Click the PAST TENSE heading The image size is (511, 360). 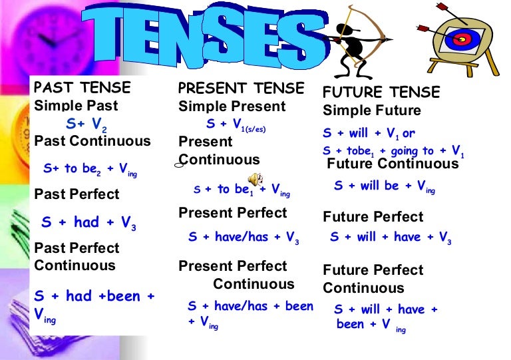83,88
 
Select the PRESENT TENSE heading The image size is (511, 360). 241,89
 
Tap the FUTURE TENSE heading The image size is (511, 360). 381,92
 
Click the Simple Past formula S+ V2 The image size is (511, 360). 86,124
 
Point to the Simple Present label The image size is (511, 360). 232,106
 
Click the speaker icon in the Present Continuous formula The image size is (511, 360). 255,179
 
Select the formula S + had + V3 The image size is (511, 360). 89,223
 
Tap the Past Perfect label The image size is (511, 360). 77,194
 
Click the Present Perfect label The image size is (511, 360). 232,213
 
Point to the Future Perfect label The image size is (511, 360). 373,217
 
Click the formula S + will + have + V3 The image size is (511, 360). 391,238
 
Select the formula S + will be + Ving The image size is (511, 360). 384,187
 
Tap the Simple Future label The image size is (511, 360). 372,110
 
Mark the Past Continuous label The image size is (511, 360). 92,141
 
